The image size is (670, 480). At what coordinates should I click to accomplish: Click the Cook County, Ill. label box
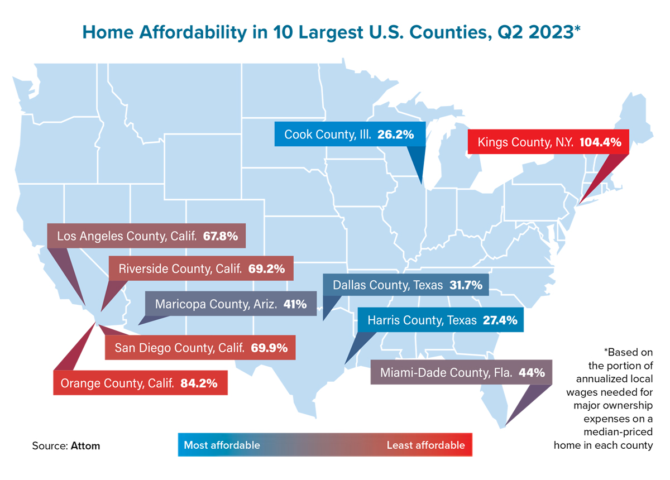tap(350, 135)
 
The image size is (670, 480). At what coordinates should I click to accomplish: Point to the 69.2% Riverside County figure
tap(266, 268)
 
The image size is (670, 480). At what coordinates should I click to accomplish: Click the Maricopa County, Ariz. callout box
tap(231, 304)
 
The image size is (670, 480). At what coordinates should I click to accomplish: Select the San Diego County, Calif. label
tap(179, 348)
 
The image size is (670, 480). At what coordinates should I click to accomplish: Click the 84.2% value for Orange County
tap(199, 383)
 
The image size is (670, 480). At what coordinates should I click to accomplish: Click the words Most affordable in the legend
tap(222, 445)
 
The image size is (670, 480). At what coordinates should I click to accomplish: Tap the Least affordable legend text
tap(425, 445)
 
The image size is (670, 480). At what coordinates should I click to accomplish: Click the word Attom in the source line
tap(85, 446)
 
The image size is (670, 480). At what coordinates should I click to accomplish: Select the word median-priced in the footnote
tap(625, 433)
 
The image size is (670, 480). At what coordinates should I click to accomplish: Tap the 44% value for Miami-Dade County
tap(532, 372)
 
